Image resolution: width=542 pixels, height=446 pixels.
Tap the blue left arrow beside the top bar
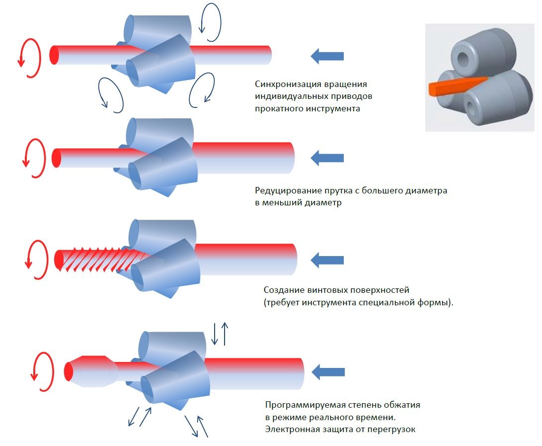[x=327, y=57]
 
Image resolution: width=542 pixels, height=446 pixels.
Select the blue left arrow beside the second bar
[x=327, y=159]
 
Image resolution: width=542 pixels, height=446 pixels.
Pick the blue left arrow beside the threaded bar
[x=327, y=260]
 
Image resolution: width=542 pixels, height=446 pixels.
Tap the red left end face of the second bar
[x=56, y=158]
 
